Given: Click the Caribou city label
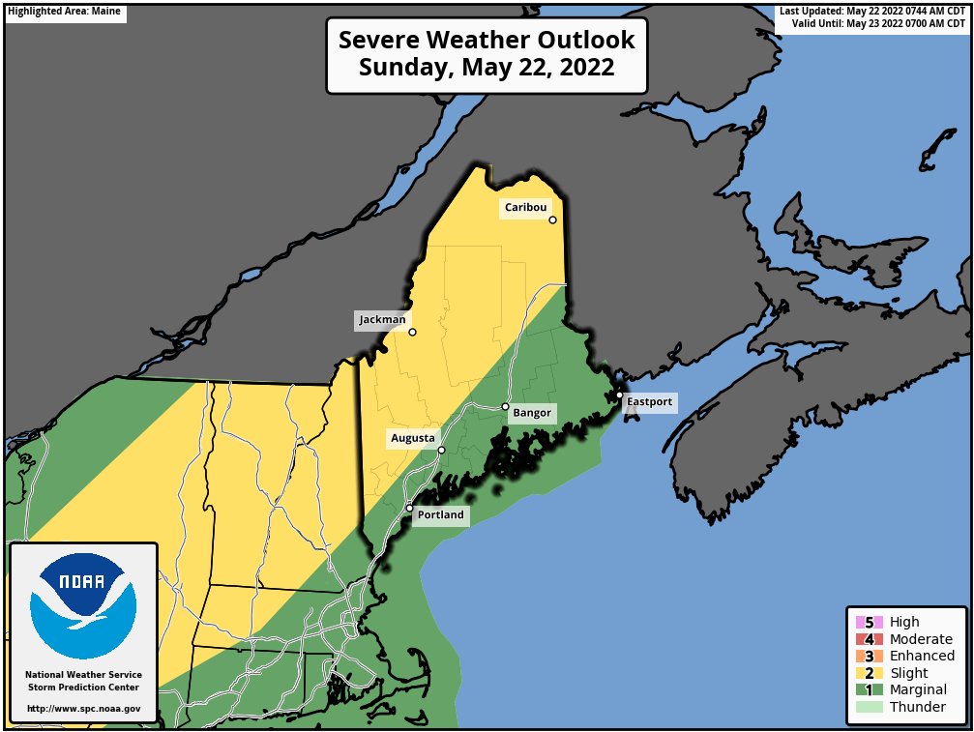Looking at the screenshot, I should (525, 208).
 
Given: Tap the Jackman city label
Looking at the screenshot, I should (383, 319).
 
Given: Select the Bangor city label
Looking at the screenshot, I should (531, 414).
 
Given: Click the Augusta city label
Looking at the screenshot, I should (413, 439).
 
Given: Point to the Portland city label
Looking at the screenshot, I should (440, 515).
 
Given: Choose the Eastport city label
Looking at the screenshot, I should (648, 401).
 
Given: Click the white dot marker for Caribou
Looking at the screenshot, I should (553, 220).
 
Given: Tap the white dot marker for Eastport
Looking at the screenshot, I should (619, 395).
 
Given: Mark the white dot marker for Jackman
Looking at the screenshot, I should (412, 332).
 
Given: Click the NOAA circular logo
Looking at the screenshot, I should (83, 605).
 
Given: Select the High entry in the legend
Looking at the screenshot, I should (903, 622).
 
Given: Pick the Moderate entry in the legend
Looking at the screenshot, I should (920, 639).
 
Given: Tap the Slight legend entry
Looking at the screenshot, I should (908, 673).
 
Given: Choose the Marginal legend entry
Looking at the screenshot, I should (917, 689).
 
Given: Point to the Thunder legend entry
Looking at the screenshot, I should (917, 707).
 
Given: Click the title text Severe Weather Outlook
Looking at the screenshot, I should (487, 41).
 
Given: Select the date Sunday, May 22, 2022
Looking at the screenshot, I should (487, 69).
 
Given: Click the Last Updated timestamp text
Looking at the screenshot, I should (871, 11).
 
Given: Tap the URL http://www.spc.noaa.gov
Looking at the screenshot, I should (83, 709).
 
